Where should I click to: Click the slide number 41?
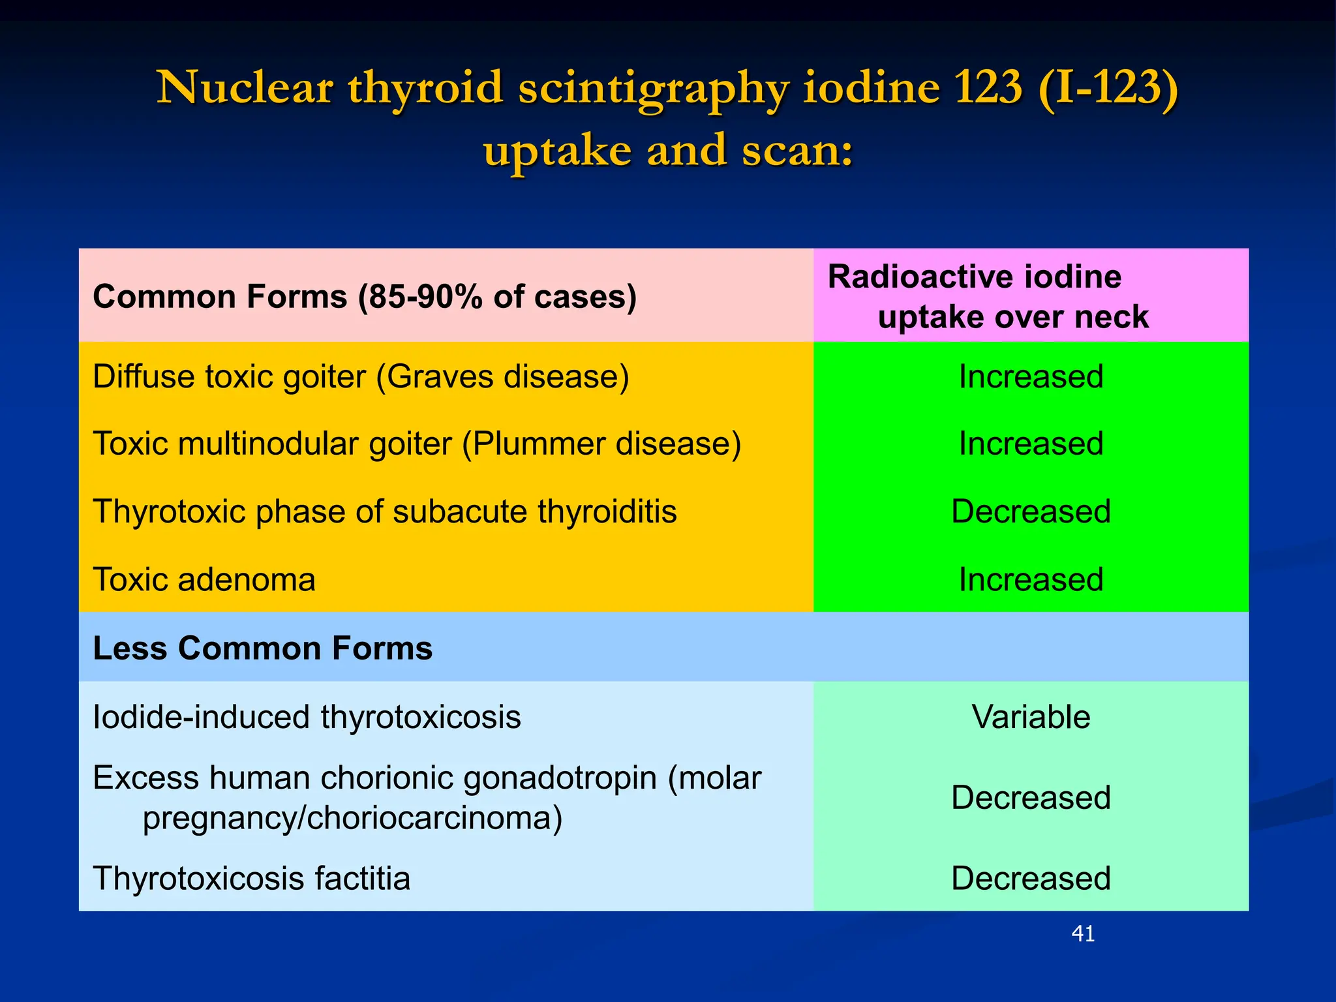[1083, 934]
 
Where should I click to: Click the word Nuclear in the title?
[245, 87]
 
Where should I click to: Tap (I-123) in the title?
[1108, 87]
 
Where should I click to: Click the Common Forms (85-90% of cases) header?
[364, 297]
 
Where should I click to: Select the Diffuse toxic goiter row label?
[361, 377]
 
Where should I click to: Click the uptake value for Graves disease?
[1031, 377]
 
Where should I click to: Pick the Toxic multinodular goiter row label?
[417, 444]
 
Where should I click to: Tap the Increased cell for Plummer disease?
[1031, 444]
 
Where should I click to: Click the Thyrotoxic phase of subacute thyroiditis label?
[384, 511]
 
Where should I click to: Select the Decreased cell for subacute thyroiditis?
[1031, 511]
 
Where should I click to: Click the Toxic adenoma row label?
[204, 580]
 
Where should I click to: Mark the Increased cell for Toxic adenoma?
[1031, 580]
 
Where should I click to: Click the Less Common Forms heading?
[262, 648]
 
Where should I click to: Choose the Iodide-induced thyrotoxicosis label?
[307, 717]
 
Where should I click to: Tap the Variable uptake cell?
[1031, 717]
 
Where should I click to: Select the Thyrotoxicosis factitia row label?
[251, 878]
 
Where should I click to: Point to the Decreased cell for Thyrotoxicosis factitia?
[1031, 878]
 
